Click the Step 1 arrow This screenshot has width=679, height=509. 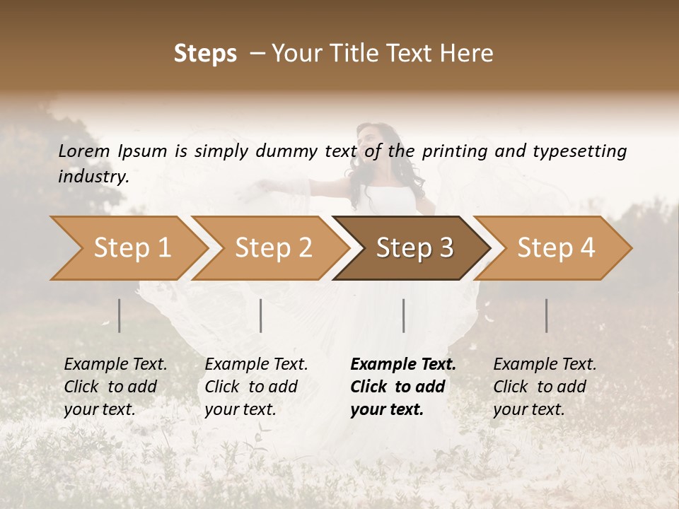(x=131, y=248)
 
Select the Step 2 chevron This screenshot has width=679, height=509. (x=272, y=248)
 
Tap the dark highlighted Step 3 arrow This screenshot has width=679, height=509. (x=414, y=248)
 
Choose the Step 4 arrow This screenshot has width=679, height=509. (x=555, y=248)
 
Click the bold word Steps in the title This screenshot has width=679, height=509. (x=205, y=53)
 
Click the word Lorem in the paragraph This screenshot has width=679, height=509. (x=84, y=151)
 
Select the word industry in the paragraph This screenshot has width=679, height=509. (x=92, y=176)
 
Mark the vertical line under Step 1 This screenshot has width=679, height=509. (x=120, y=315)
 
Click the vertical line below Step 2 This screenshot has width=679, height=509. (x=261, y=315)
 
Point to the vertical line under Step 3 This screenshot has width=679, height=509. (x=403, y=315)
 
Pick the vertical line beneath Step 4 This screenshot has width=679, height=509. (x=546, y=315)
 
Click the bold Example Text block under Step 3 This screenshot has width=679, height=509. (x=403, y=387)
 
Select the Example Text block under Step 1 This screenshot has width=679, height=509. (x=116, y=387)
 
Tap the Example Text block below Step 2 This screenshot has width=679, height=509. (x=256, y=387)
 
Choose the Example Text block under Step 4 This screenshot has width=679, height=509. (x=545, y=387)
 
